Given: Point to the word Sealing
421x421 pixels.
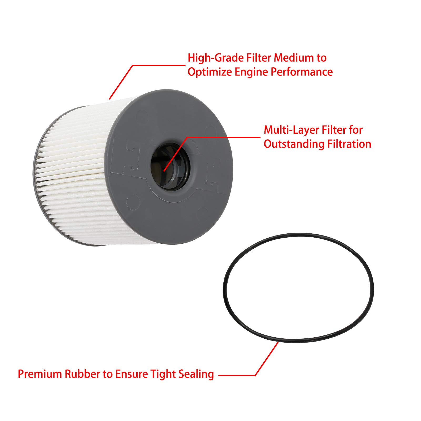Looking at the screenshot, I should (196, 374).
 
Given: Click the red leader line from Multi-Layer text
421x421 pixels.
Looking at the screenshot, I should (224, 137).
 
